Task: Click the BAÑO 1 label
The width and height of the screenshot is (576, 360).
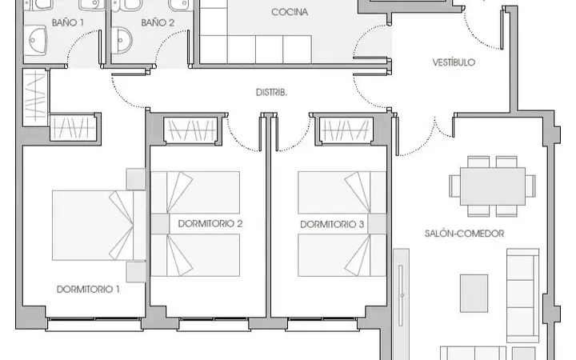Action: pos(67,22)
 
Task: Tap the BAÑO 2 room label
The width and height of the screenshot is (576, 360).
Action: pos(158,22)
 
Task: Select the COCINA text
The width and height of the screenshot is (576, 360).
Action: pos(290,12)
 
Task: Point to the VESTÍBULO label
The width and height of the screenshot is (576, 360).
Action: pos(454,62)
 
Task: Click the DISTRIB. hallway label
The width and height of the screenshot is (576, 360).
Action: pos(271,93)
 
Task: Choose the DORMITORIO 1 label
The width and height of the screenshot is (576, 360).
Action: pos(88,290)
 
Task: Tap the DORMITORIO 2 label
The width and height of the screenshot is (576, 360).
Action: pos(210,224)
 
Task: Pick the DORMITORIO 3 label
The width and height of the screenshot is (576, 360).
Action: pos(332,225)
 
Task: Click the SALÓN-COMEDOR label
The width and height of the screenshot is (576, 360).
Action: pos(464,234)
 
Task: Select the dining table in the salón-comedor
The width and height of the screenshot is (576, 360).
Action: pos(493,186)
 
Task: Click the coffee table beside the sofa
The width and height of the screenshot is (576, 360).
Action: pos(474,293)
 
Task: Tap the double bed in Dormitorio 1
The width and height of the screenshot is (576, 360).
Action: pos(98,225)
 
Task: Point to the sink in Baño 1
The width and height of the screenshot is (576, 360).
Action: pos(36,41)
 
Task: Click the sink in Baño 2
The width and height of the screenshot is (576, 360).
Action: pos(122,40)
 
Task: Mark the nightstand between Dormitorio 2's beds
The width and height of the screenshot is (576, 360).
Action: pos(160,224)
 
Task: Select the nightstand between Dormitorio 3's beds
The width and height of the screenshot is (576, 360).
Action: pos(378,224)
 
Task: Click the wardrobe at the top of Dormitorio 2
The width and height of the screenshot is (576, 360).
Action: pos(190,130)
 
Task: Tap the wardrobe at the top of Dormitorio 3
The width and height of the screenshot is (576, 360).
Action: pos(346,130)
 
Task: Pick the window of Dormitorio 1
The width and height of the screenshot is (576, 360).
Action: pos(94,324)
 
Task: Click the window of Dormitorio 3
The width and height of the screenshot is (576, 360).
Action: pos(322,324)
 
